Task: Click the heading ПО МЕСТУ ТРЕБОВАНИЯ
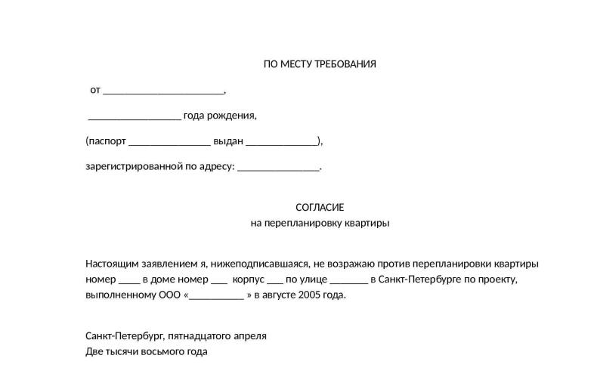click(319, 64)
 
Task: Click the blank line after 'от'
click(163, 91)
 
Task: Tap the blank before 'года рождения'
click(135, 116)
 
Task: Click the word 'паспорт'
click(107, 141)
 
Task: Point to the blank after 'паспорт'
click(169, 142)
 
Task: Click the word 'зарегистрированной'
click(134, 166)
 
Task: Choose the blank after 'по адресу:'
click(278, 168)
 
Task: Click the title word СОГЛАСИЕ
click(319, 207)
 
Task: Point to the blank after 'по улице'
click(348, 280)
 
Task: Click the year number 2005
click(310, 295)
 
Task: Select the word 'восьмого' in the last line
click(162, 351)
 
